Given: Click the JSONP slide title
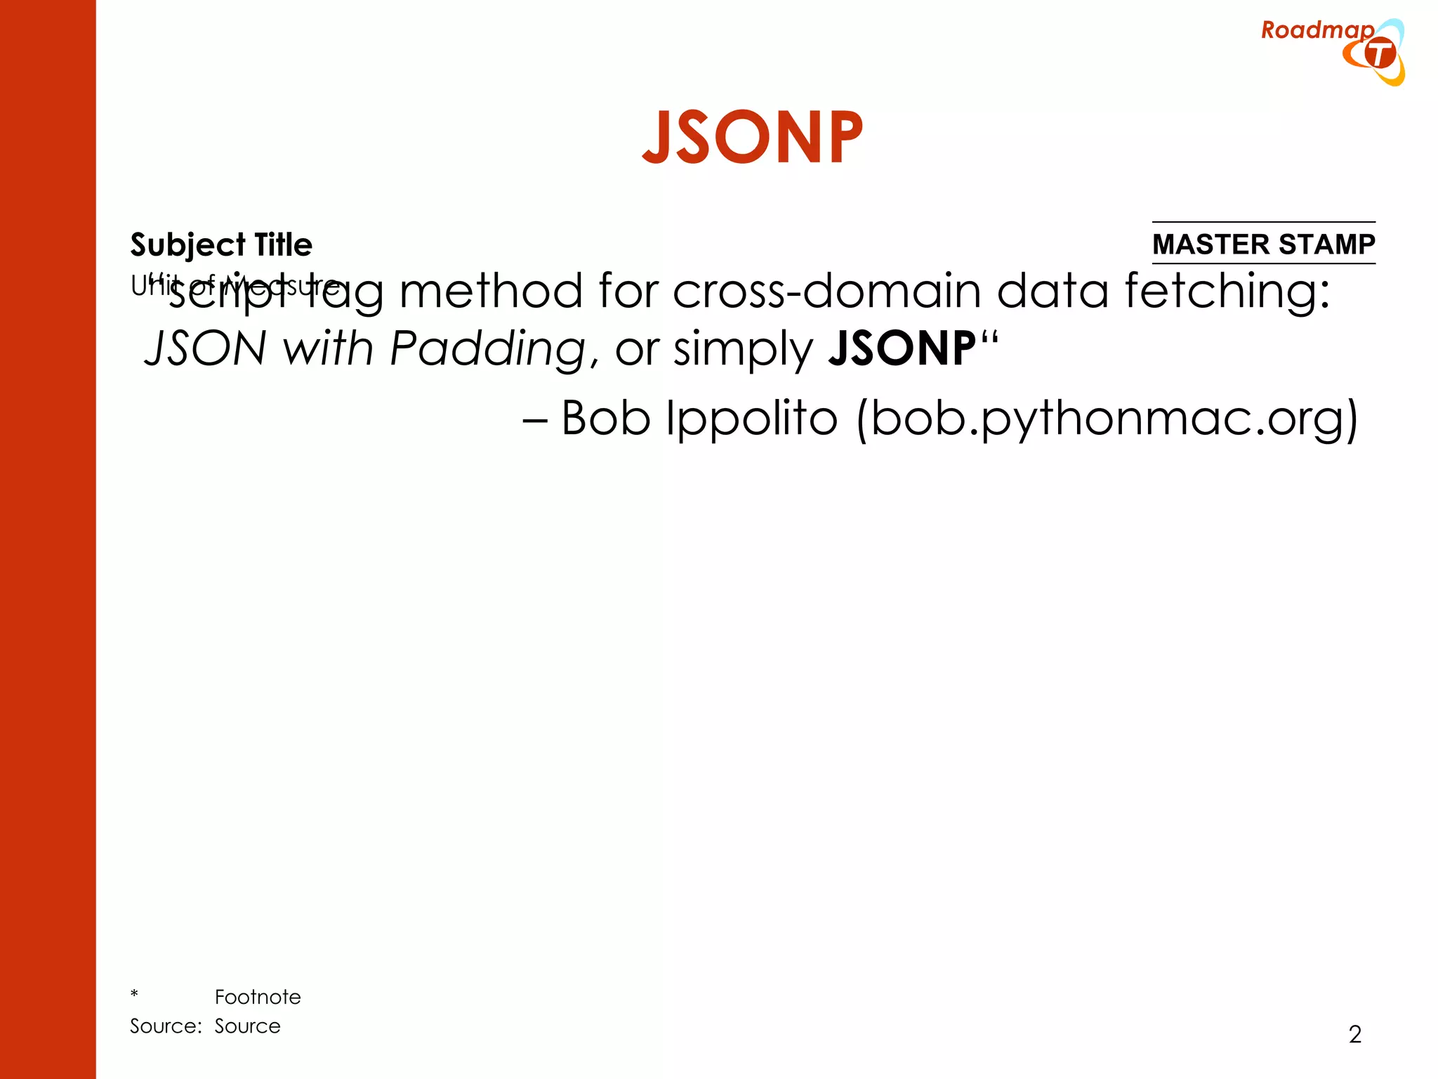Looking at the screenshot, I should pos(752,138).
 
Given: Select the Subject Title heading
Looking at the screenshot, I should pos(221,244).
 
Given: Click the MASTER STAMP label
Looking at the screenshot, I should pos(1263,244).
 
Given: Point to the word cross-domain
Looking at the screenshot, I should pos(826,291).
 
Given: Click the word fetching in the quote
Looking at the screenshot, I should pos(1227,291).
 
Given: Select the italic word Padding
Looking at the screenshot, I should pos(487,348).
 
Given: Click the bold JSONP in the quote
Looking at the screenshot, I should pos(902,348).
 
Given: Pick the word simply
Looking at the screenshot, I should pos(743,350).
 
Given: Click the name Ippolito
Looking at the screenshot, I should pos(752,419).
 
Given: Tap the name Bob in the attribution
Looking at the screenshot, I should pos(606,419).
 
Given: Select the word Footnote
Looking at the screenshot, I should pos(258,997).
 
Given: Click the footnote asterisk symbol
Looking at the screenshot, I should pos(134,995).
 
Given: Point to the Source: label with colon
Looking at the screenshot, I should pos(166,1026).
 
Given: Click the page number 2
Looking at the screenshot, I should pos(1355,1034).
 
